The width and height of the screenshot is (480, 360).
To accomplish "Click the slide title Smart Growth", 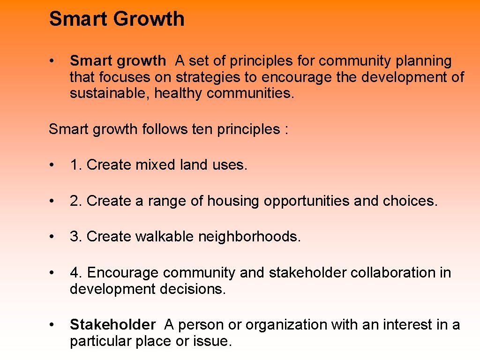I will (x=117, y=19).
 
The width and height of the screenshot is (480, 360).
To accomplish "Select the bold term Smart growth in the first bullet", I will (x=118, y=61).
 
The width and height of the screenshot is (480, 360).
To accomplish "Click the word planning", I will (x=424, y=61).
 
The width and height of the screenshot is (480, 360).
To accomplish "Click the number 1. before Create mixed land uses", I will (x=76, y=165).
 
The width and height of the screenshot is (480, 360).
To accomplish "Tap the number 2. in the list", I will (x=76, y=201).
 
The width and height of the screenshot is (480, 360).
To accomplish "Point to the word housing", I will (x=233, y=201).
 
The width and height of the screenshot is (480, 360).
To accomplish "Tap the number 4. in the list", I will (x=76, y=273).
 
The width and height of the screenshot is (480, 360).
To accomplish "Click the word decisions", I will (x=193, y=289).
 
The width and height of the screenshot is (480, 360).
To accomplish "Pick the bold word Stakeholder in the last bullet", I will (x=112, y=324).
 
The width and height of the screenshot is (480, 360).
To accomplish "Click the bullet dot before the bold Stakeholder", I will (x=54, y=324).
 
